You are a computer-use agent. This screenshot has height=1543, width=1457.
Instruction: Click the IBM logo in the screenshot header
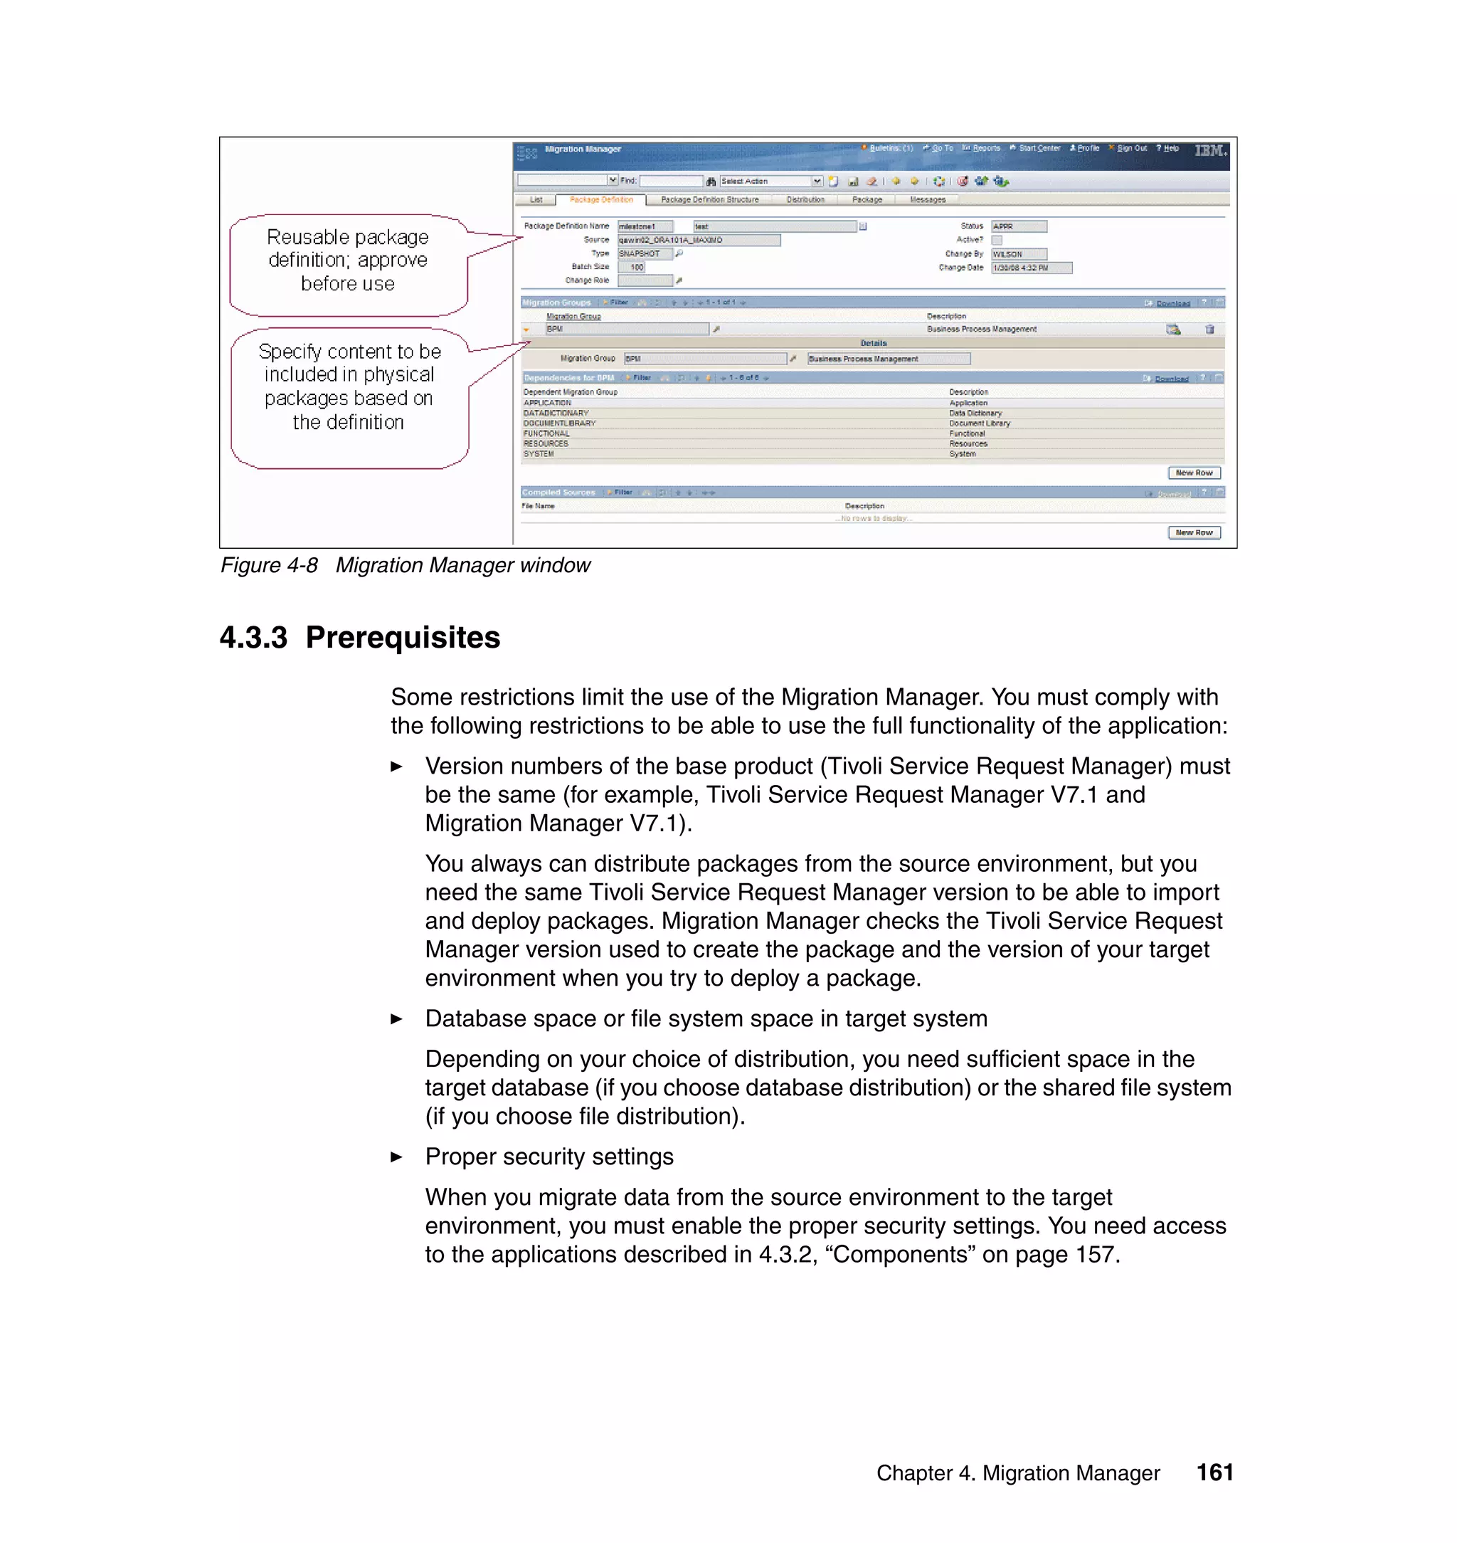[1210, 150]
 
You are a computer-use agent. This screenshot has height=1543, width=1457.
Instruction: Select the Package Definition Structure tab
[709, 200]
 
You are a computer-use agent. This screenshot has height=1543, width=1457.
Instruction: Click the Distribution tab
[805, 200]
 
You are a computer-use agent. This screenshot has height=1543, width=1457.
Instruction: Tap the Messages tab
[927, 200]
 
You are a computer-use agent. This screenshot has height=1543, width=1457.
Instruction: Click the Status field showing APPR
[1018, 226]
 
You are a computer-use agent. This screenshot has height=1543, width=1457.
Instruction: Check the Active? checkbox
[997, 240]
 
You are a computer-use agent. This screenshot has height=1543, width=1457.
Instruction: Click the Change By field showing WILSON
[1018, 254]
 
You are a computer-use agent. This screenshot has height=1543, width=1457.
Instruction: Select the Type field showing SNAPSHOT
[644, 253]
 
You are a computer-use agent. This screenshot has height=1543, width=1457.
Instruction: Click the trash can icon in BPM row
[1209, 330]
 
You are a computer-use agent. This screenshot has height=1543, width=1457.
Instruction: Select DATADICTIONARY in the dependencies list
[556, 414]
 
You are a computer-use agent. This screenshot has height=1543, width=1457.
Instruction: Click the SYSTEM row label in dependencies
[539, 454]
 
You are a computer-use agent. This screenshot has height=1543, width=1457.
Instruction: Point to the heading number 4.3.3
[253, 638]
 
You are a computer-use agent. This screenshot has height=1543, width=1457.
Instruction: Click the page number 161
[1214, 1473]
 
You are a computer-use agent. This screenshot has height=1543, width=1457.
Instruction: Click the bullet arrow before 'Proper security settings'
[396, 1157]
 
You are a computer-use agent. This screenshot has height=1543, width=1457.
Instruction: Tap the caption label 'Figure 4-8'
[269, 566]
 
